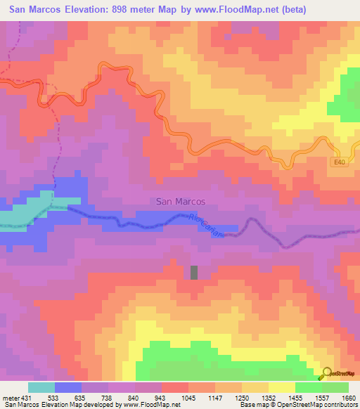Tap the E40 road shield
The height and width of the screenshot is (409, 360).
click(340, 162)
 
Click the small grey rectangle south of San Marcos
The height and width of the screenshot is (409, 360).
click(194, 272)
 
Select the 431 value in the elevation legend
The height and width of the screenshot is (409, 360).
click(26, 398)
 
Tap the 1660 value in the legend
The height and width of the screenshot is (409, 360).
click(348, 398)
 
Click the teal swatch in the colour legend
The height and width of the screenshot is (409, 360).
click(41, 387)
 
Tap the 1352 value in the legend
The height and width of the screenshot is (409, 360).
click(269, 398)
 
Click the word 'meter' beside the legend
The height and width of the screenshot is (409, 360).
click(9, 398)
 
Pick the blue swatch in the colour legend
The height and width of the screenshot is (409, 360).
click(68, 387)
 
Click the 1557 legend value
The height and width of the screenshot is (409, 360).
click(322, 398)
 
